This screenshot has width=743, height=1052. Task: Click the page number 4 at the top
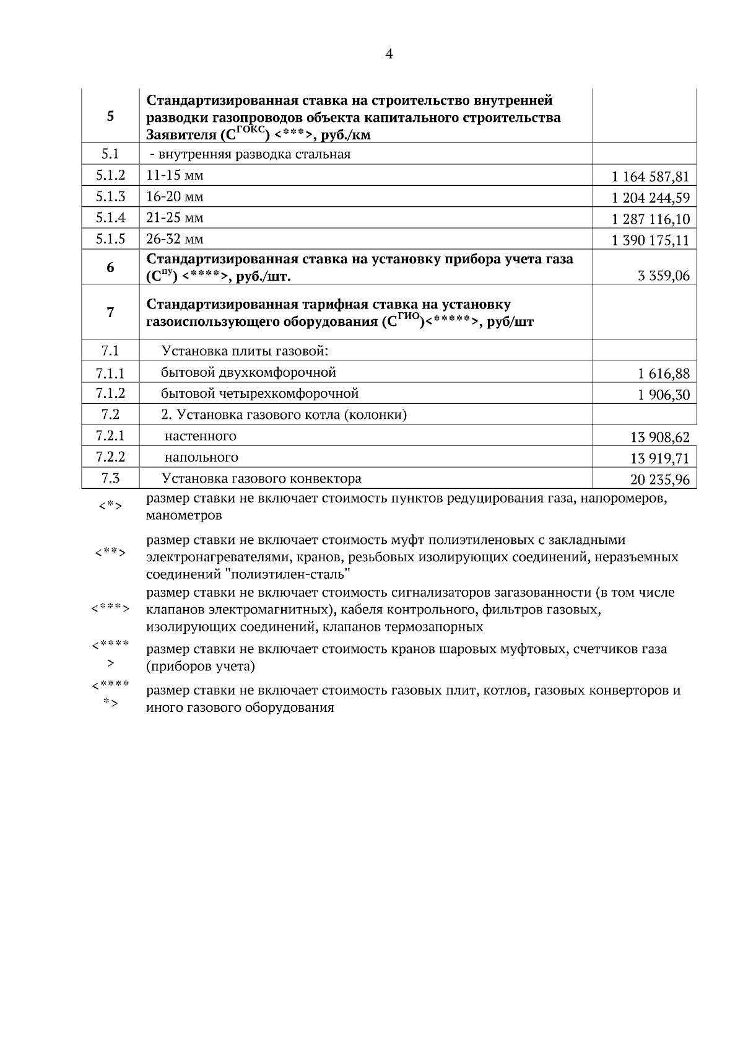point(389,54)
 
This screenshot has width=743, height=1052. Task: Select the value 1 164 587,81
point(650,177)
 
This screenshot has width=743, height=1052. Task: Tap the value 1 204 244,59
point(650,198)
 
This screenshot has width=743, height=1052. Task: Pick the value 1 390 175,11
point(650,240)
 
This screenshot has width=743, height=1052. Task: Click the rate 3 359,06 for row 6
point(664,276)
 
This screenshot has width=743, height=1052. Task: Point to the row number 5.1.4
point(110,217)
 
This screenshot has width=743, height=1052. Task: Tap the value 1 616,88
point(664,374)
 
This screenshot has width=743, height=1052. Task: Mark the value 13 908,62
point(659,437)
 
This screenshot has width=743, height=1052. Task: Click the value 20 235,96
point(659,480)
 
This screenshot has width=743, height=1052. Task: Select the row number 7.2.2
point(110,457)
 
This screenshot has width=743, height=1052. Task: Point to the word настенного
point(200,436)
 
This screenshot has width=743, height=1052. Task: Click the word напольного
point(201,457)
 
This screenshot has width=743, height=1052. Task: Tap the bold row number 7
point(110,312)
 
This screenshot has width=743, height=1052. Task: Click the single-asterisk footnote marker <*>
point(110,506)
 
